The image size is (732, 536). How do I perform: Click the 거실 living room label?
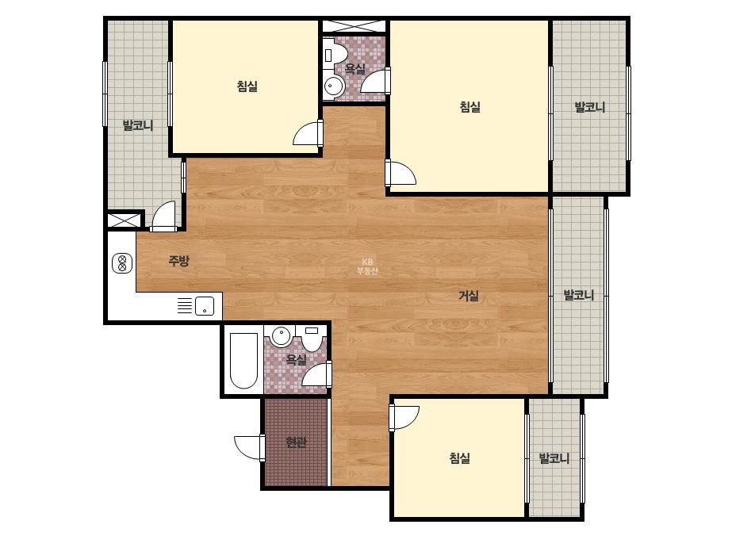tap(468, 296)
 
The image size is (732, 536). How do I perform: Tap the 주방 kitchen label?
tap(178, 261)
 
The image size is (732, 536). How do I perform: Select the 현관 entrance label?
tap(296, 442)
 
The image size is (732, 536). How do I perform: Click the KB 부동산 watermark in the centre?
tap(367, 266)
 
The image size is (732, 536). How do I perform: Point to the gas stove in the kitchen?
tap(122, 263)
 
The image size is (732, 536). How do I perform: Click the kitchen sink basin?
tap(205, 306)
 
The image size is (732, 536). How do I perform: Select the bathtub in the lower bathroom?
tap(243, 360)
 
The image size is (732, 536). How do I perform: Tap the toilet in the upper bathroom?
tap(335, 55)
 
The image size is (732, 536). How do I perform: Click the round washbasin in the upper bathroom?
tap(333, 86)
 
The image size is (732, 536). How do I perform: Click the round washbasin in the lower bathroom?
tap(281, 335)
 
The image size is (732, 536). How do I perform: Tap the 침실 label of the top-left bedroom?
tap(247, 86)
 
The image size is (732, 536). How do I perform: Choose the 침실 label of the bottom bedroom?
tap(459, 458)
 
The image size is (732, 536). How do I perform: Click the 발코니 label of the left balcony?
tap(138, 125)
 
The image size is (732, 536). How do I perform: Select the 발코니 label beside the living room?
tap(579, 295)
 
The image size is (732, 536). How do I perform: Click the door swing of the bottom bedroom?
tap(404, 417)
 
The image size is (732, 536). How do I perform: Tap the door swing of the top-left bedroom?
tap(307, 133)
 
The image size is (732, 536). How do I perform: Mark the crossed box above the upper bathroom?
tap(354, 26)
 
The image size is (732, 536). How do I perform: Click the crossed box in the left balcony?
tap(125, 220)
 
